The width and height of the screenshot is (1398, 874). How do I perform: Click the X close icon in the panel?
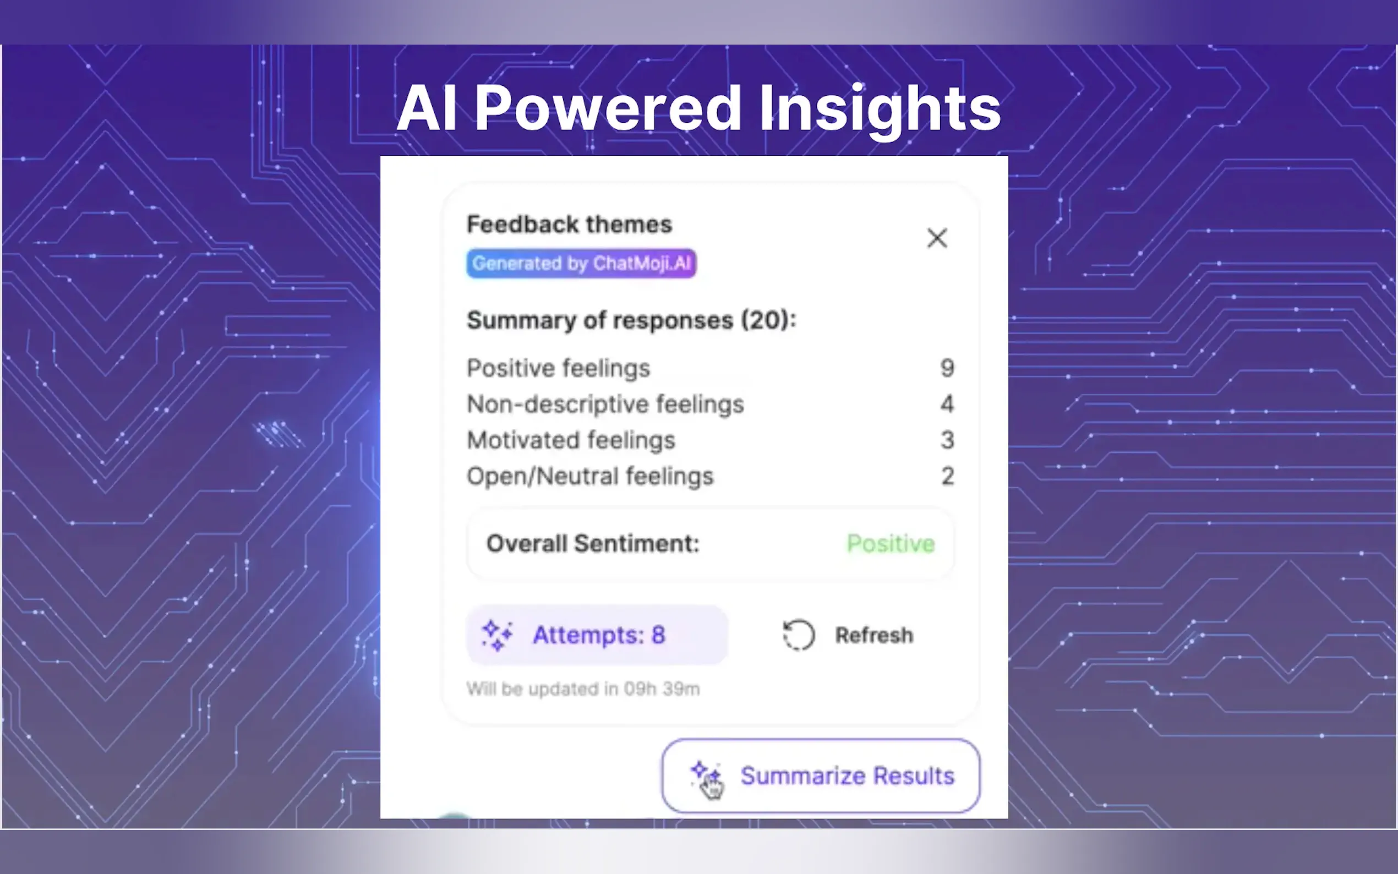pyautogui.click(x=937, y=238)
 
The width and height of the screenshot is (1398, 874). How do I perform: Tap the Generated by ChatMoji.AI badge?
pyautogui.click(x=581, y=264)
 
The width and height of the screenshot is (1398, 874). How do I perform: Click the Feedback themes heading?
pyautogui.click(x=569, y=225)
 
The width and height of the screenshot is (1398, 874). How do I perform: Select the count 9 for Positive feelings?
pyautogui.click(x=947, y=368)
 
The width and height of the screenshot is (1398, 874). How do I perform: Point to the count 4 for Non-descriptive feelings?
pyautogui.click(x=947, y=403)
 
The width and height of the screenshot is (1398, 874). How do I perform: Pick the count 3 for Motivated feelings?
pyautogui.click(x=947, y=440)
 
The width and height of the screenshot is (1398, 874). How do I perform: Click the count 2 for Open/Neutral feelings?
pyautogui.click(x=947, y=476)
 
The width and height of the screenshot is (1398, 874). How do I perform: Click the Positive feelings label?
pyautogui.click(x=558, y=368)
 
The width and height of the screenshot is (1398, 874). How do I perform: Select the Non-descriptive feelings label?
pyautogui.click(x=605, y=404)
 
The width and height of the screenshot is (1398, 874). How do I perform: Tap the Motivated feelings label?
pyautogui.click(x=571, y=440)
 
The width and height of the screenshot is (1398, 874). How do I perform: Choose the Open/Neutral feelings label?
pyautogui.click(x=590, y=476)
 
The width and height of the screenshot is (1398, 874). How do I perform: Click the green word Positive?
pyautogui.click(x=891, y=543)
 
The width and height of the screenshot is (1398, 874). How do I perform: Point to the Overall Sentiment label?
pyautogui.click(x=593, y=543)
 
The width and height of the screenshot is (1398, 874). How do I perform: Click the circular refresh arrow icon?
pyautogui.click(x=799, y=635)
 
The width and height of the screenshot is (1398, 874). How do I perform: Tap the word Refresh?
pyautogui.click(x=875, y=635)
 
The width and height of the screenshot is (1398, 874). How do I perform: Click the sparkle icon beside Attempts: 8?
pyautogui.click(x=497, y=635)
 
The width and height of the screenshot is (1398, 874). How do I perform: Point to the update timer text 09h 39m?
pyautogui.click(x=662, y=689)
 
